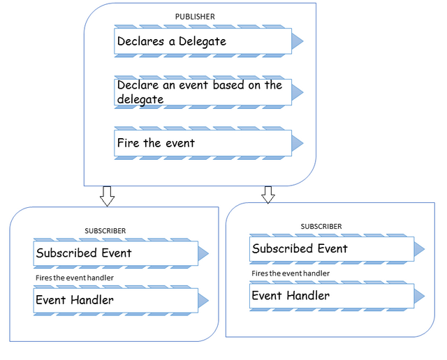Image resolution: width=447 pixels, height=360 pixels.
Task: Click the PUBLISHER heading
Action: pos(195,17)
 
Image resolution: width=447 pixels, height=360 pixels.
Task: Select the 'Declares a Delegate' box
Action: pos(203,41)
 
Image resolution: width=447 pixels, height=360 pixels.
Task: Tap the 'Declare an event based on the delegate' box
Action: pos(203,92)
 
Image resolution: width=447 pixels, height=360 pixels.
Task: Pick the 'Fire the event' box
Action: pos(203,143)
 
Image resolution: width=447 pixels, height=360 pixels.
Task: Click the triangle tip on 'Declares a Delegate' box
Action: pos(303,41)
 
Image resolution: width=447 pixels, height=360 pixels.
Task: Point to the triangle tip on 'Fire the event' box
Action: pos(303,143)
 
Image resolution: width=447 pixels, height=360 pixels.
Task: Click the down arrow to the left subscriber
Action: pos(107,196)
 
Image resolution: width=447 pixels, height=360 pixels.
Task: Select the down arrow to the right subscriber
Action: pos(268,195)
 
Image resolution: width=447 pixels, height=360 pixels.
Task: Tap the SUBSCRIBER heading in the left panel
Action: pos(105,231)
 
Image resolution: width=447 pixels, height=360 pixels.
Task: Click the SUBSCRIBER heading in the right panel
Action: pos(321,227)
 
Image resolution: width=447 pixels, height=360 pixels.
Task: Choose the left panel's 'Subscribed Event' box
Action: pos(116,253)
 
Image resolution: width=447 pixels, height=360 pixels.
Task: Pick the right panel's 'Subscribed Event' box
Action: pos(332,249)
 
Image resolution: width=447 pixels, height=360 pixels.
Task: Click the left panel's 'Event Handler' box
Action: pos(116,300)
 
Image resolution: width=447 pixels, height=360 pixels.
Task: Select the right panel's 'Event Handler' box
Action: pos(332,296)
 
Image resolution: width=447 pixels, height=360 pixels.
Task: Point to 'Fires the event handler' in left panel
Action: pos(75,278)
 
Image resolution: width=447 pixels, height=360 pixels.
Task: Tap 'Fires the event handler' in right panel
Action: pos(291,273)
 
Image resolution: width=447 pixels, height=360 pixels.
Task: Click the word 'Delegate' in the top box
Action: pos(203,42)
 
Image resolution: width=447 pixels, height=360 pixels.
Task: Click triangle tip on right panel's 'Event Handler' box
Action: pos(425,296)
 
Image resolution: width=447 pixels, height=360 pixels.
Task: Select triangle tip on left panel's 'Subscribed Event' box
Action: pos(208,253)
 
